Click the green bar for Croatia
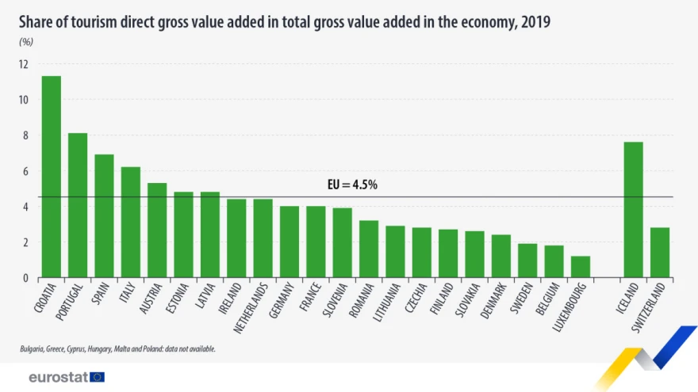click(x=52, y=177)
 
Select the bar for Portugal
click(x=78, y=205)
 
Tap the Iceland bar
click(x=634, y=210)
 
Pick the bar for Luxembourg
click(x=581, y=267)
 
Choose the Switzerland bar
click(x=660, y=253)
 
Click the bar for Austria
click(x=157, y=230)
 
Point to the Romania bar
click(x=369, y=249)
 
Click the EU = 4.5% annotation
click(x=352, y=185)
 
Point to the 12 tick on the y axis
click(x=24, y=64)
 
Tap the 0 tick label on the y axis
click(x=25, y=278)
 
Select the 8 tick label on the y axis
click(x=25, y=135)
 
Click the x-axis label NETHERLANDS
click(x=251, y=308)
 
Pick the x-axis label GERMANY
click(x=282, y=300)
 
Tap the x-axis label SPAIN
click(x=100, y=294)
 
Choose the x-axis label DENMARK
click(x=493, y=301)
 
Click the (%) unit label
click(x=26, y=42)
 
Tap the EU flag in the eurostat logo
click(x=97, y=377)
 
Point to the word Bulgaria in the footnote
click(x=32, y=349)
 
